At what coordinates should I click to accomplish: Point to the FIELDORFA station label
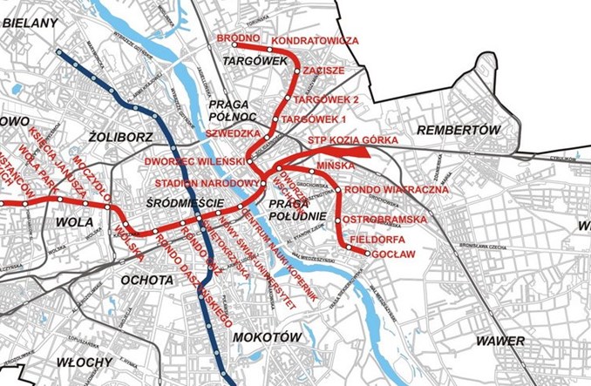tap(377, 238)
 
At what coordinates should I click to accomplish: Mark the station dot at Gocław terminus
tap(367, 254)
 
